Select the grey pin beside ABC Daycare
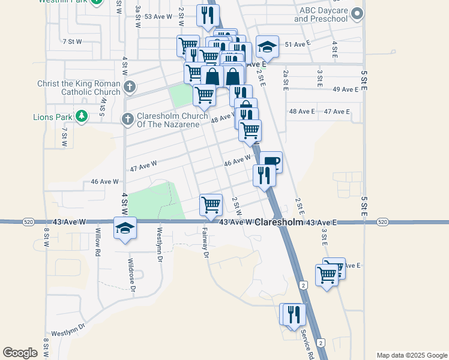coord(358,13)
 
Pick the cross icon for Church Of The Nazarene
coord(127,119)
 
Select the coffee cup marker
coord(271,161)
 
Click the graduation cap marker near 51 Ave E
coord(268,46)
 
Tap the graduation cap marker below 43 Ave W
coord(125,229)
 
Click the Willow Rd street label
coord(97,242)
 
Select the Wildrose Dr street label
coord(131,272)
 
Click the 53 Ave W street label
coord(158,17)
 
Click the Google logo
coord(20,353)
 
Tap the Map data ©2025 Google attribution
coord(411,355)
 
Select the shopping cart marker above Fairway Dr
coord(211,205)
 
